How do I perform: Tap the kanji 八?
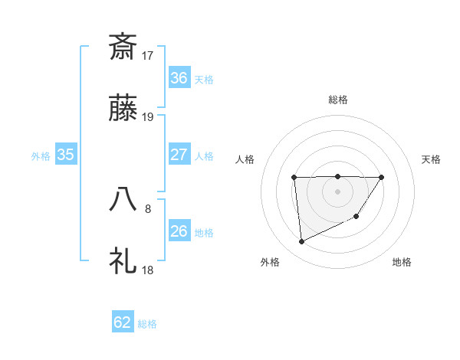[x=123, y=198]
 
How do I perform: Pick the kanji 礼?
[x=123, y=260]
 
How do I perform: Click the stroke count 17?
[x=149, y=55]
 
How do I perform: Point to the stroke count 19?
[x=149, y=117]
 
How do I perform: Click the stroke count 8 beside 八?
[x=148, y=208]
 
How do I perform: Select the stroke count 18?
[x=149, y=270]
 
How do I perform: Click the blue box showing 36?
[x=179, y=78]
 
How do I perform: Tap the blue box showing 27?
[x=179, y=155]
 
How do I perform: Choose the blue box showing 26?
[x=179, y=231]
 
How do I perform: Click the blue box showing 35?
[x=66, y=155]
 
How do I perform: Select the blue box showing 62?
[x=123, y=322]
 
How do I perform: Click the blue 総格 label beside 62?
[x=148, y=324]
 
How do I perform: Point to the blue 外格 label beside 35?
[x=41, y=156]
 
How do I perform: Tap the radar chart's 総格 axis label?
[x=338, y=100]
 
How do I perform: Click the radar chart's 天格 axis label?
[x=432, y=159]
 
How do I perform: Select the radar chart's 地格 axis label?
[x=402, y=262]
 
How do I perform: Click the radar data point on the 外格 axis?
[x=302, y=242]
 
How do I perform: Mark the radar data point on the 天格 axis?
[x=382, y=178]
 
